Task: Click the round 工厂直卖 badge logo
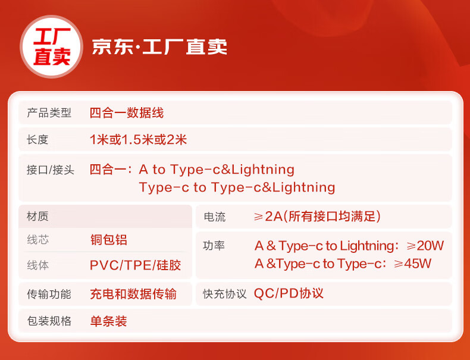point(52,47)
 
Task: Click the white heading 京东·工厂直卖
point(159,47)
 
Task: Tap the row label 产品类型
point(49,113)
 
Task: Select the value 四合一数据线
point(127,113)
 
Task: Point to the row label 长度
point(37,140)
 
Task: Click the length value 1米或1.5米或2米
point(138,140)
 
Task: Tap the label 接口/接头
point(51,170)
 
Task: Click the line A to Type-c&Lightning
point(217,170)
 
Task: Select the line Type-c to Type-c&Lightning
point(237,187)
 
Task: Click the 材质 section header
point(37,216)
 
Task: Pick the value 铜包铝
point(108,240)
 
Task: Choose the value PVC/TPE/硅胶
point(136,265)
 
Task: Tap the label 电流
point(215,217)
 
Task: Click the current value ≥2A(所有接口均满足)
point(317,217)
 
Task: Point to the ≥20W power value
point(425,246)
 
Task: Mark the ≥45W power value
point(412,264)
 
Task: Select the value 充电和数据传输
point(133,294)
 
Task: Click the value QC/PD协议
point(289,293)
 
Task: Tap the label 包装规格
point(49,321)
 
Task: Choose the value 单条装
point(108,321)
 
